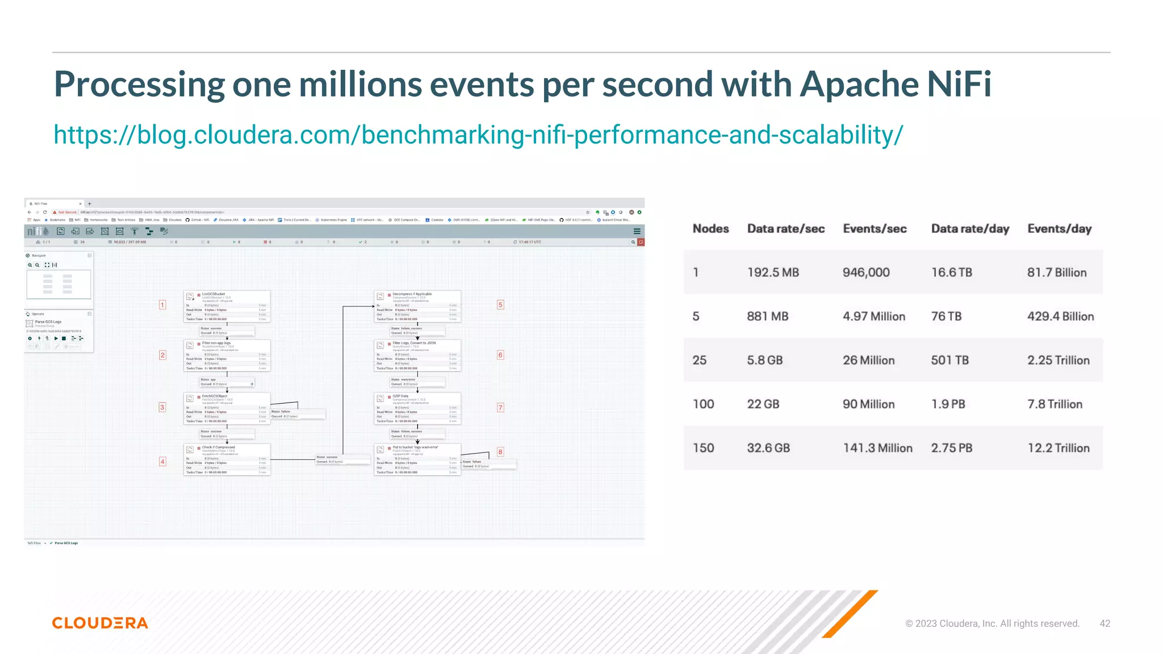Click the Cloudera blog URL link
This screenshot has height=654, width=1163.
pyautogui.click(x=478, y=135)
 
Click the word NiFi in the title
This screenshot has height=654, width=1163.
pyautogui.click(x=959, y=84)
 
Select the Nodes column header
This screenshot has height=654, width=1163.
pyautogui.click(x=710, y=229)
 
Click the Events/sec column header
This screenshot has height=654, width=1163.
pyautogui.click(x=875, y=229)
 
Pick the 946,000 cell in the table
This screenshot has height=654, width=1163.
pyautogui.click(x=866, y=272)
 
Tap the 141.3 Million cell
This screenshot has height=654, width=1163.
pyautogui.click(x=877, y=448)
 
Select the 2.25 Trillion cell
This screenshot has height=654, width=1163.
pyautogui.click(x=1058, y=360)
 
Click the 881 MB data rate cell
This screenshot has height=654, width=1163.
pyautogui.click(x=767, y=316)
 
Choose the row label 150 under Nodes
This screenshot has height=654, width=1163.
pyautogui.click(x=703, y=448)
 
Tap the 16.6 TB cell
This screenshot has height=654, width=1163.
pyautogui.click(x=951, y=272)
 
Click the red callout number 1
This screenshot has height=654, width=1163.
pyautogui.click(x=162, y=305)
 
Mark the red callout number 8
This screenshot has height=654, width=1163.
pyautogui.click(x=500, y=452)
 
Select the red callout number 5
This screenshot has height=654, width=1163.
pyautogui.click(x=500, y=305)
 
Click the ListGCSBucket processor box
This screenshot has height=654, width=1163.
pyautogui.click(x=227, y=307)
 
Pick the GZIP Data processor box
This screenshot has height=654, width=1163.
pyautogui.click(x=417, y=408)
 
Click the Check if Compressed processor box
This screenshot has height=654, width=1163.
pyautogui.click(x=227, y=459)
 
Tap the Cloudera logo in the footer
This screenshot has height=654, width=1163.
pyautogui.click(x=100, y=623)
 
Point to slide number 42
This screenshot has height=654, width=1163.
pyautogui.click(x=1105, y=623)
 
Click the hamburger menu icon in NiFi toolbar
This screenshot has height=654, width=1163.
pyautogui.click(x=637, y=231)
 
